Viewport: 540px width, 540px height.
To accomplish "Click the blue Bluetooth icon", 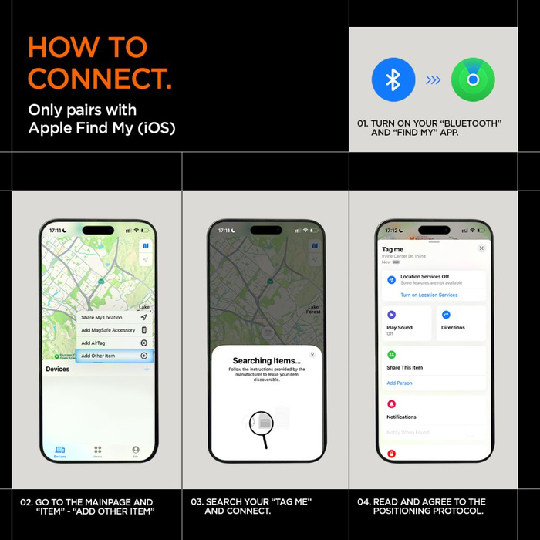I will (x=393, y=80).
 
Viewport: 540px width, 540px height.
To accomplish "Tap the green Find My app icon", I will (x=473, y=80).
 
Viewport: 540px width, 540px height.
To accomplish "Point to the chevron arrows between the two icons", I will (x=434, y=80).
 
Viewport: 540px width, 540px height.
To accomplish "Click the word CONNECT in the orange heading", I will (x=100, y=79).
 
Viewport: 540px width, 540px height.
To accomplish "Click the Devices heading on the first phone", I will (x=58, y=370).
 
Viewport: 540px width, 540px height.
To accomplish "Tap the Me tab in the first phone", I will (x=136, y=451).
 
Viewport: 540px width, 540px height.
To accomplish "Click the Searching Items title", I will (x=263, y=360).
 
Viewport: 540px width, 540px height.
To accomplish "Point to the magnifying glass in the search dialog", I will (x=262, y=424).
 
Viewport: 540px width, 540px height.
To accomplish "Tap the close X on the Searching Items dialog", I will (x=312, y=355).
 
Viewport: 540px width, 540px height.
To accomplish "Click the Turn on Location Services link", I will (x=429, y=295).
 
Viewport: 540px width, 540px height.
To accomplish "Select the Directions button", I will (x=453, y=328).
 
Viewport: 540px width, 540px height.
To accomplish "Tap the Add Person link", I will (x=400, y=383).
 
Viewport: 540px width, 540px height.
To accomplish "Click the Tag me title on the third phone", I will (x=393, y=250).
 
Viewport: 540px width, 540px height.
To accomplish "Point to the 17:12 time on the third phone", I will (x=391, y=231).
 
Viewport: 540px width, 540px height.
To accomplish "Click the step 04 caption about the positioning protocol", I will (x=421, y=506).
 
